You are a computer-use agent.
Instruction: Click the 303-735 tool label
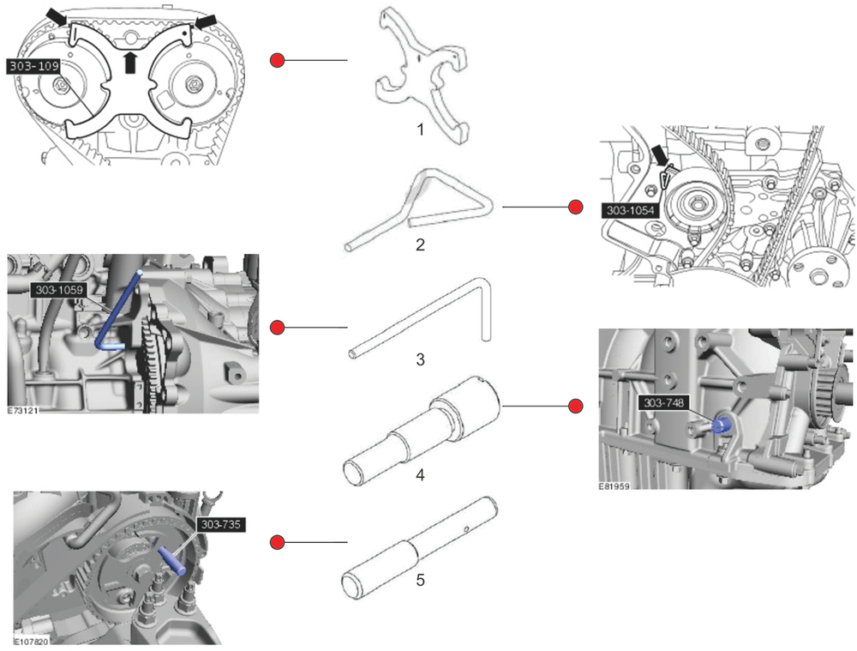[221, 523]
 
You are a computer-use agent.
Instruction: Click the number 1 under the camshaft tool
[420, 130]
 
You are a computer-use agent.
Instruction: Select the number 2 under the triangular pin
[420, 244]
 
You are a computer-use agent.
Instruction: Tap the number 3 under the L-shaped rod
[420, 359]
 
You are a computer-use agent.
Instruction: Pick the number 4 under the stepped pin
[420, 474]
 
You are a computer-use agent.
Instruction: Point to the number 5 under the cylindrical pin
[420, 581]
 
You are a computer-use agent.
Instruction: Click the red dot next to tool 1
[277, 60]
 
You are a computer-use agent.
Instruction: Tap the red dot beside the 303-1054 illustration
[576, 207]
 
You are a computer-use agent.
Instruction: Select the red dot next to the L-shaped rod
[277, 327]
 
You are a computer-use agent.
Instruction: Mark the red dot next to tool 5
[277, 542]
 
